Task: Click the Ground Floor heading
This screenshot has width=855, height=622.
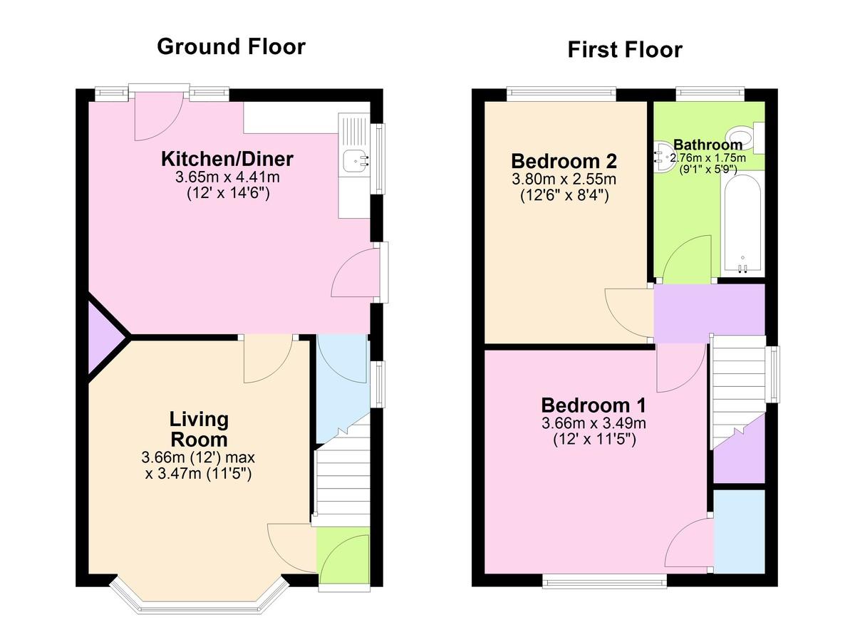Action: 232,47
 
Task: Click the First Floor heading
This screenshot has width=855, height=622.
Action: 625,50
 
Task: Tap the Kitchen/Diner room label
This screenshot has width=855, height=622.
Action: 227,159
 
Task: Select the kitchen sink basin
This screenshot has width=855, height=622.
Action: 356,160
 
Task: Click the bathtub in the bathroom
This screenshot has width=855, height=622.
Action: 742,226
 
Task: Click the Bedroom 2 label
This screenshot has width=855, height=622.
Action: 564,161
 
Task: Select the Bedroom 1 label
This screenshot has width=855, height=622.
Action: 594,405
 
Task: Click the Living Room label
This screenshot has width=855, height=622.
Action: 199,430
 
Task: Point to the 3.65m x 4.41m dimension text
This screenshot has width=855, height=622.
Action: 227,177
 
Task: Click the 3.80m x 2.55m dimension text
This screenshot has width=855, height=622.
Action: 564,179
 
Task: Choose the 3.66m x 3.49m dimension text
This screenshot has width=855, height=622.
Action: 594,423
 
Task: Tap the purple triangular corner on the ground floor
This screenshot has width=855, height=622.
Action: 103,337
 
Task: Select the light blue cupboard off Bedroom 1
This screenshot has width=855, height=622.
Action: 739,532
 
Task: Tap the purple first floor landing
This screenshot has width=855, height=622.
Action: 709,313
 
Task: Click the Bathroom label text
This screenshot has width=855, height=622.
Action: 708,145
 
